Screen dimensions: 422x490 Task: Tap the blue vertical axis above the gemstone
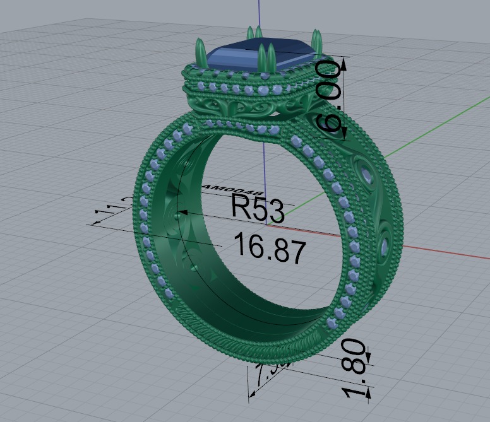click(260, 16)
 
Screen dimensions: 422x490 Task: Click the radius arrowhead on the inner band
click(181, 213)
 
